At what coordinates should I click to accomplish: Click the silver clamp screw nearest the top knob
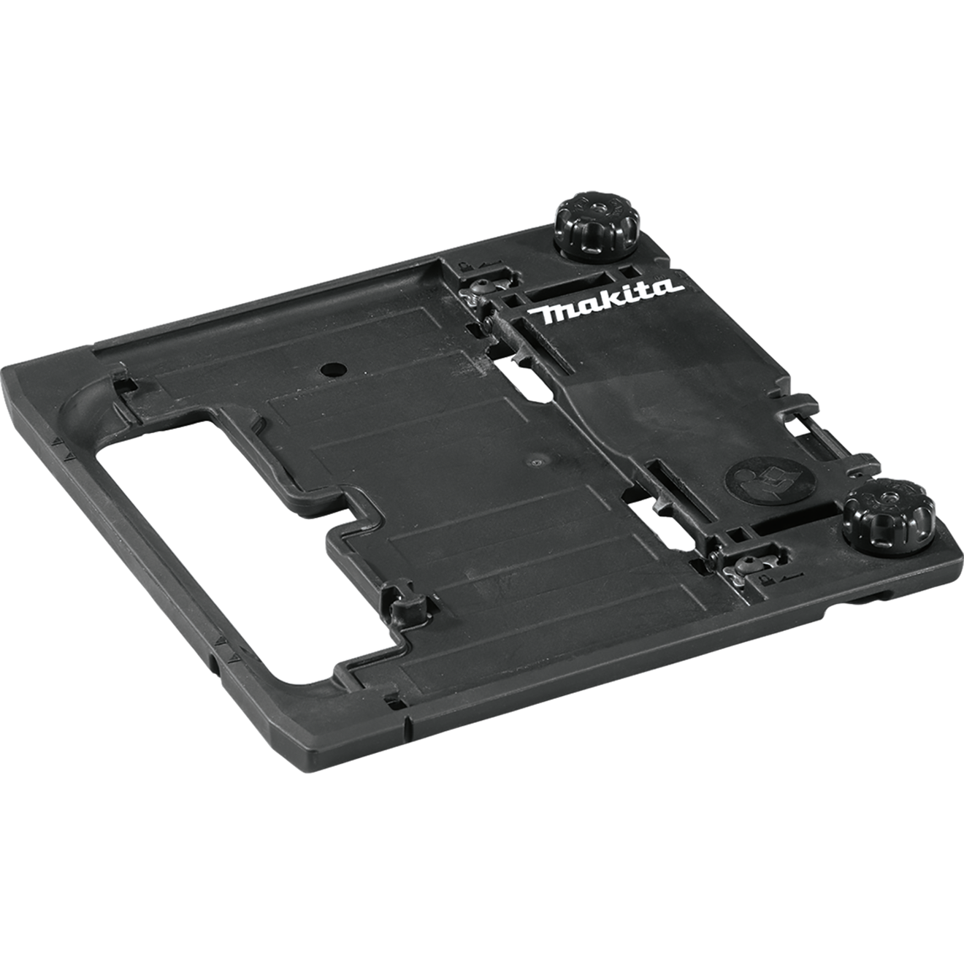(x=481, y=287)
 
